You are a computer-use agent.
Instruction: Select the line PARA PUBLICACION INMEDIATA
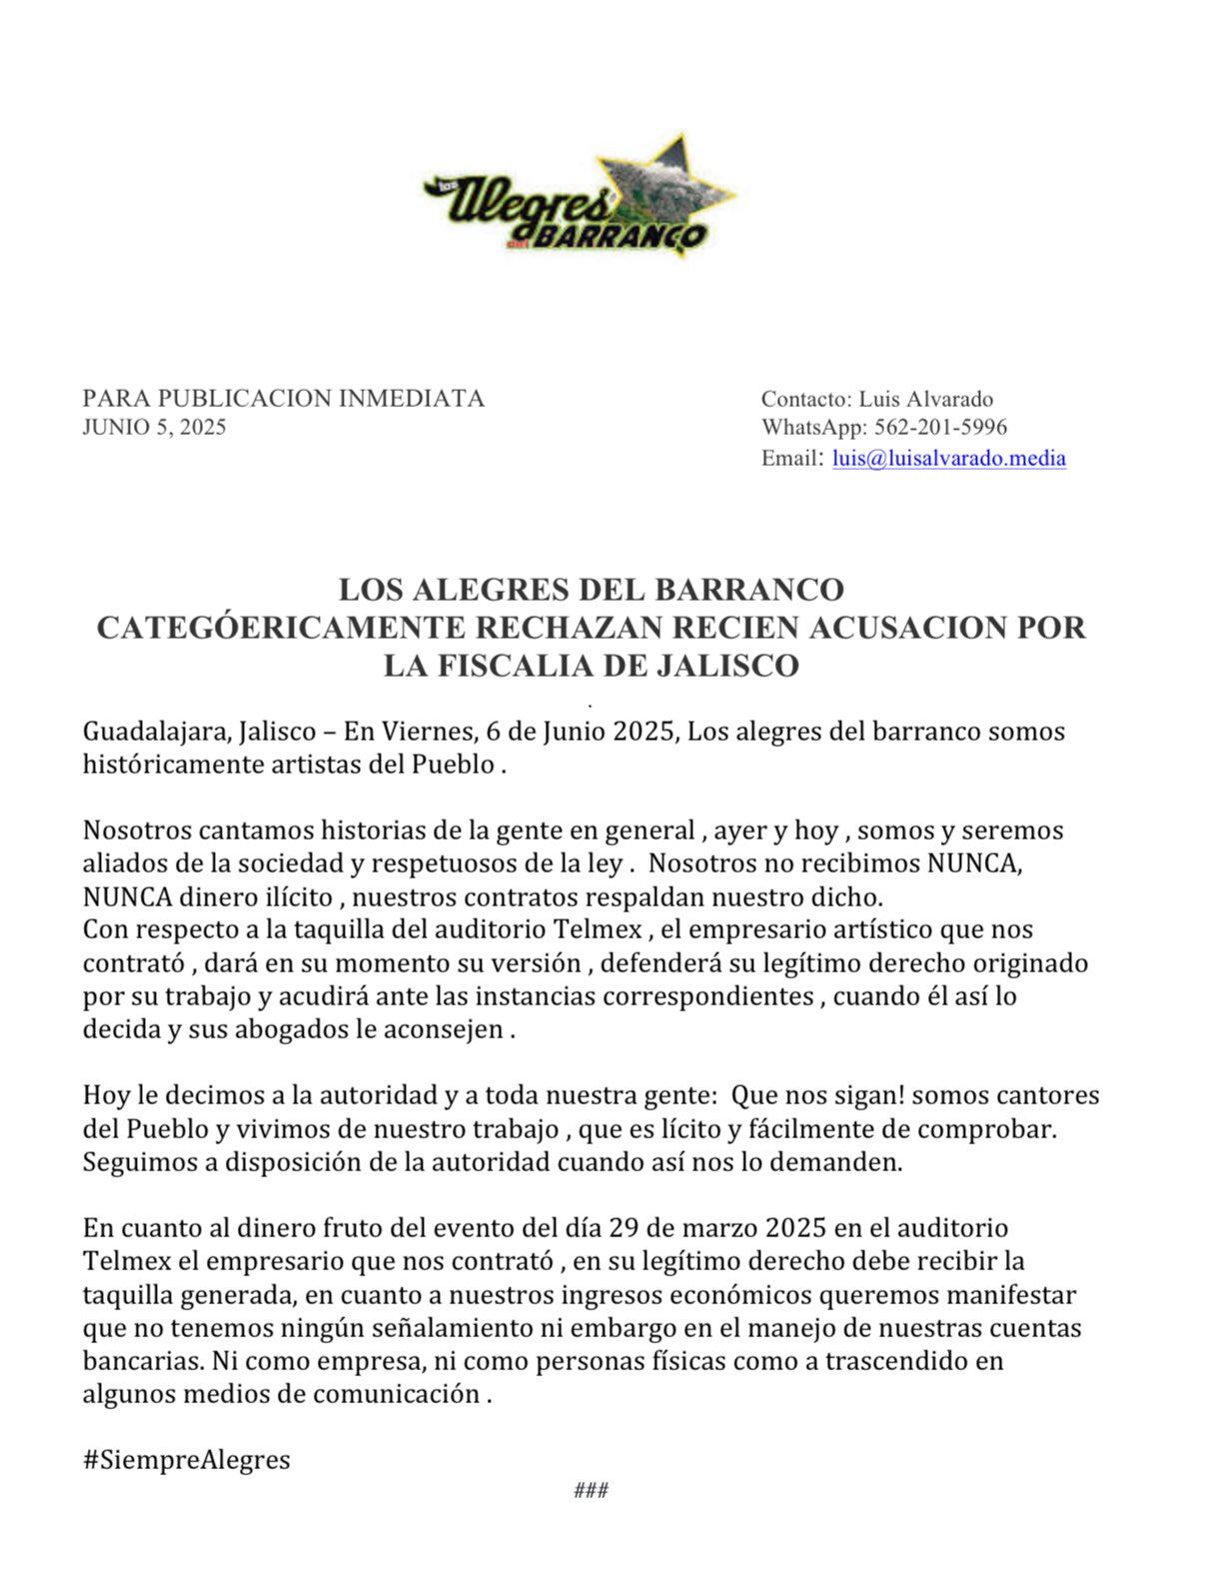pos(283,399)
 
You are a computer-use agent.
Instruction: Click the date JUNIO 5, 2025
pos(154,428)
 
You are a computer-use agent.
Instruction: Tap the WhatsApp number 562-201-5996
pos(940,428)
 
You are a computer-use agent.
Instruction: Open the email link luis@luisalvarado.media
pos(948,459)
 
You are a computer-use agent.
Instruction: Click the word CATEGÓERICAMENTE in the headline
pos(279,628)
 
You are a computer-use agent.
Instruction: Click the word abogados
pos(290,1029)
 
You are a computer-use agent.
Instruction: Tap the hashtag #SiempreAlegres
pos(186,1460)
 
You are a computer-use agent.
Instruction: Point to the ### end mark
pos(592,1491)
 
